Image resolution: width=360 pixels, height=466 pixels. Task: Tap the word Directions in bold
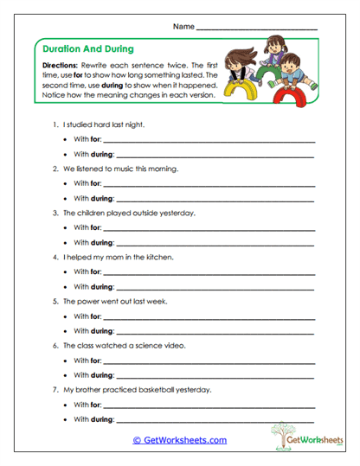tap(60, 66)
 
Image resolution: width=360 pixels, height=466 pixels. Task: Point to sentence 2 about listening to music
tap(119, 169)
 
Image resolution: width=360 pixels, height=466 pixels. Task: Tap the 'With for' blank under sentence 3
tap(208, 227)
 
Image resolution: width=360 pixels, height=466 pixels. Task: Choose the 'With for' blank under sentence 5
tap(208, 316)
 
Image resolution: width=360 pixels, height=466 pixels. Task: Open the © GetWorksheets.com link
tap(180, 440)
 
